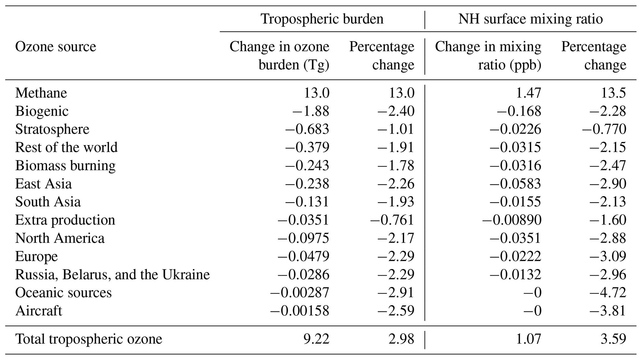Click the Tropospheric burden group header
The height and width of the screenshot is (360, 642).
(322, 19)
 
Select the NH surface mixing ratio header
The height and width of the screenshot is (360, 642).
(530, 19)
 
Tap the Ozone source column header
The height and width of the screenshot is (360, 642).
(56, 47)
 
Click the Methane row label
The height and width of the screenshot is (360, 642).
(41, 93)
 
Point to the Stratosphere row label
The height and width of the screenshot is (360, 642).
(52, 129)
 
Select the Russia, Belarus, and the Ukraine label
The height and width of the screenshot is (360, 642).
(112, 275)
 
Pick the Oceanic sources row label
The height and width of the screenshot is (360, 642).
(63, 293)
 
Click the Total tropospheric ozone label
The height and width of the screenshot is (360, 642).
(89, 339)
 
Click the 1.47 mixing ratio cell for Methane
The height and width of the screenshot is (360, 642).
(528, 93)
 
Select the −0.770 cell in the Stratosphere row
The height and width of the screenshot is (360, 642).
(604, 129)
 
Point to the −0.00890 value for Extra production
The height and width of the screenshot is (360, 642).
(512, 220)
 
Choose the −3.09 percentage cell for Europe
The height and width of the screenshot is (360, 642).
(608, 256)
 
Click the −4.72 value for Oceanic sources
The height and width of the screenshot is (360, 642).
(608, 293)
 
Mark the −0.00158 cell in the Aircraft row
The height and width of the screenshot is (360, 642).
(299, 311)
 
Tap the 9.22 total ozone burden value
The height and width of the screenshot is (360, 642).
(316, 339)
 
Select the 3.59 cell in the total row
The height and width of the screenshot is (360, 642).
(613, 339)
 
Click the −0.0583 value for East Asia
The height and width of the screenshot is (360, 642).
(515, 184)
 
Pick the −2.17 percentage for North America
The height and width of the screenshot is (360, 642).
(396, 238)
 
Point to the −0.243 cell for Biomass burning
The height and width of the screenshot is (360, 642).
(307, 166)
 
